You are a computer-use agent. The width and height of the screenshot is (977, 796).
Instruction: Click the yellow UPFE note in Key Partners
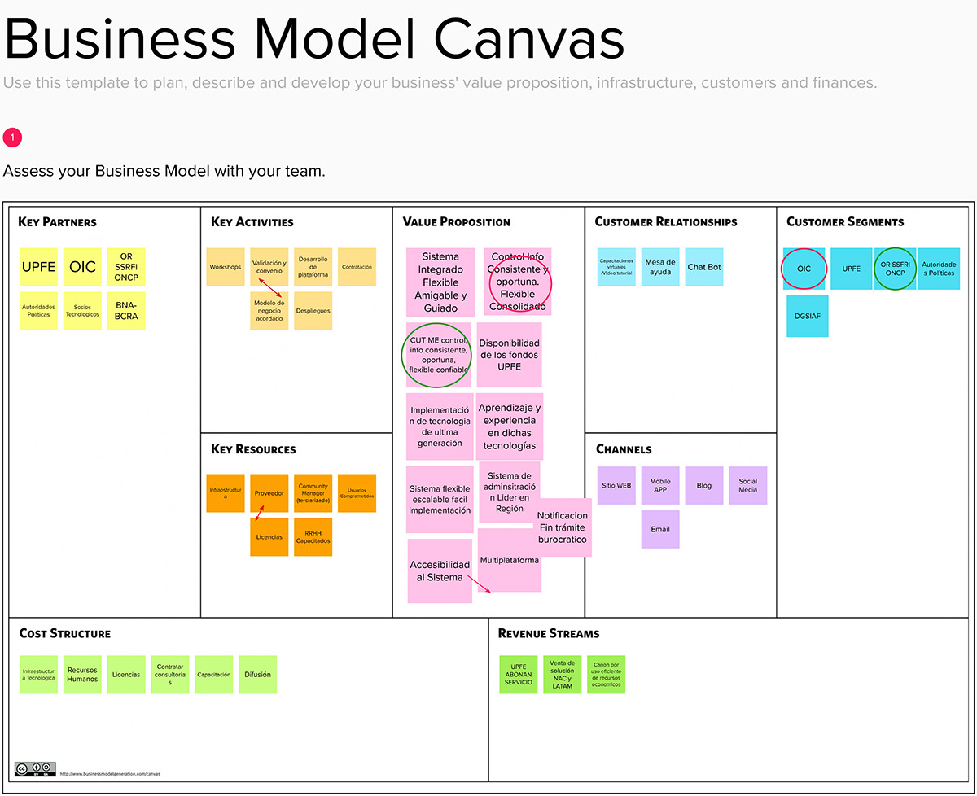39,267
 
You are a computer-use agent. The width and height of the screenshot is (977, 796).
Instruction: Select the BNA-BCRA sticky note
126,311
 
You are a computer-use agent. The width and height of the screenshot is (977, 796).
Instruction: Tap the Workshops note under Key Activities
226,267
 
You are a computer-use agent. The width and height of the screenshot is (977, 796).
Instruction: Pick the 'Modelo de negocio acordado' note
269,311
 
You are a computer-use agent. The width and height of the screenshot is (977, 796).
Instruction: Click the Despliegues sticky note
313,311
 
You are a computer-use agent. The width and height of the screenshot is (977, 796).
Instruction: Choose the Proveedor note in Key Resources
269,493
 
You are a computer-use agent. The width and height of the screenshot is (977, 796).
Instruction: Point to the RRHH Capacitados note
313,537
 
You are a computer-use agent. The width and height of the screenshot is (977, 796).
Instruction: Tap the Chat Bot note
704,267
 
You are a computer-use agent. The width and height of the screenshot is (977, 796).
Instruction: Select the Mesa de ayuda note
660,267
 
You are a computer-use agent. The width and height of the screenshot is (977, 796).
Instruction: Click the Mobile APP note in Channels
660,486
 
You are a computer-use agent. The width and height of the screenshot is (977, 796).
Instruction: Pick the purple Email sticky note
660,529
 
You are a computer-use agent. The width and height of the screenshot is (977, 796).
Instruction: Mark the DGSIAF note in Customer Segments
807,316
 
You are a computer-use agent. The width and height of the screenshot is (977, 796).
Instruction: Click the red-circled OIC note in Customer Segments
804,269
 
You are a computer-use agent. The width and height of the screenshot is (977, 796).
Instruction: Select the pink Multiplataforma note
510,561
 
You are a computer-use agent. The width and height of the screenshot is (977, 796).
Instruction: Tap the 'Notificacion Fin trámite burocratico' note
563,527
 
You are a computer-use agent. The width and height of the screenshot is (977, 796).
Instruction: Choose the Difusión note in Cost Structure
258,675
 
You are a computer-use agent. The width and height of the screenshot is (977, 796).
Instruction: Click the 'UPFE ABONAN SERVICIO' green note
519,675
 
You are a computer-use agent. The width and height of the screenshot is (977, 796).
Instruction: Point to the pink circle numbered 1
12,138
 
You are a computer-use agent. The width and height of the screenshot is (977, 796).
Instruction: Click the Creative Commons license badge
35,768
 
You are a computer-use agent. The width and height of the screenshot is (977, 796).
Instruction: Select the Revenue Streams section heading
549,633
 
